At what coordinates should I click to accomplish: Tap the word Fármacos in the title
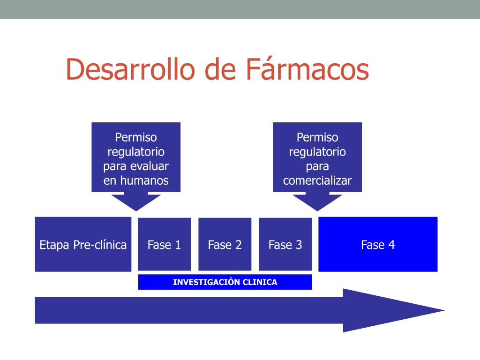(307, 69)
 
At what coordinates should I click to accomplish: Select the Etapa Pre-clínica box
(83, 244)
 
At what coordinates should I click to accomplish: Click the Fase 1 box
(164, 244)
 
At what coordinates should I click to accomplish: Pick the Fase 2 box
(225, 244)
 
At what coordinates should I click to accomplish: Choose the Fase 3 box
(285, 244)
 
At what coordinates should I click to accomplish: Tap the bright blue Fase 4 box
(378, 244)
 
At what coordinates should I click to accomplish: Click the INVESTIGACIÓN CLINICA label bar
(225, 282)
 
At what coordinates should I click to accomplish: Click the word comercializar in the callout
(317, 180)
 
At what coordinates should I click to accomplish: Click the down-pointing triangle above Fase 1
(136, 202)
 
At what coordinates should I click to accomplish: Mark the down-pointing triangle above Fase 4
(317, 202)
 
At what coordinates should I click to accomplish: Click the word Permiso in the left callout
(136, 137)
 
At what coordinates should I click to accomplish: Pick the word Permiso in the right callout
(317, 137)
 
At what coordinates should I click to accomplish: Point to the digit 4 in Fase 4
(391, 245)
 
